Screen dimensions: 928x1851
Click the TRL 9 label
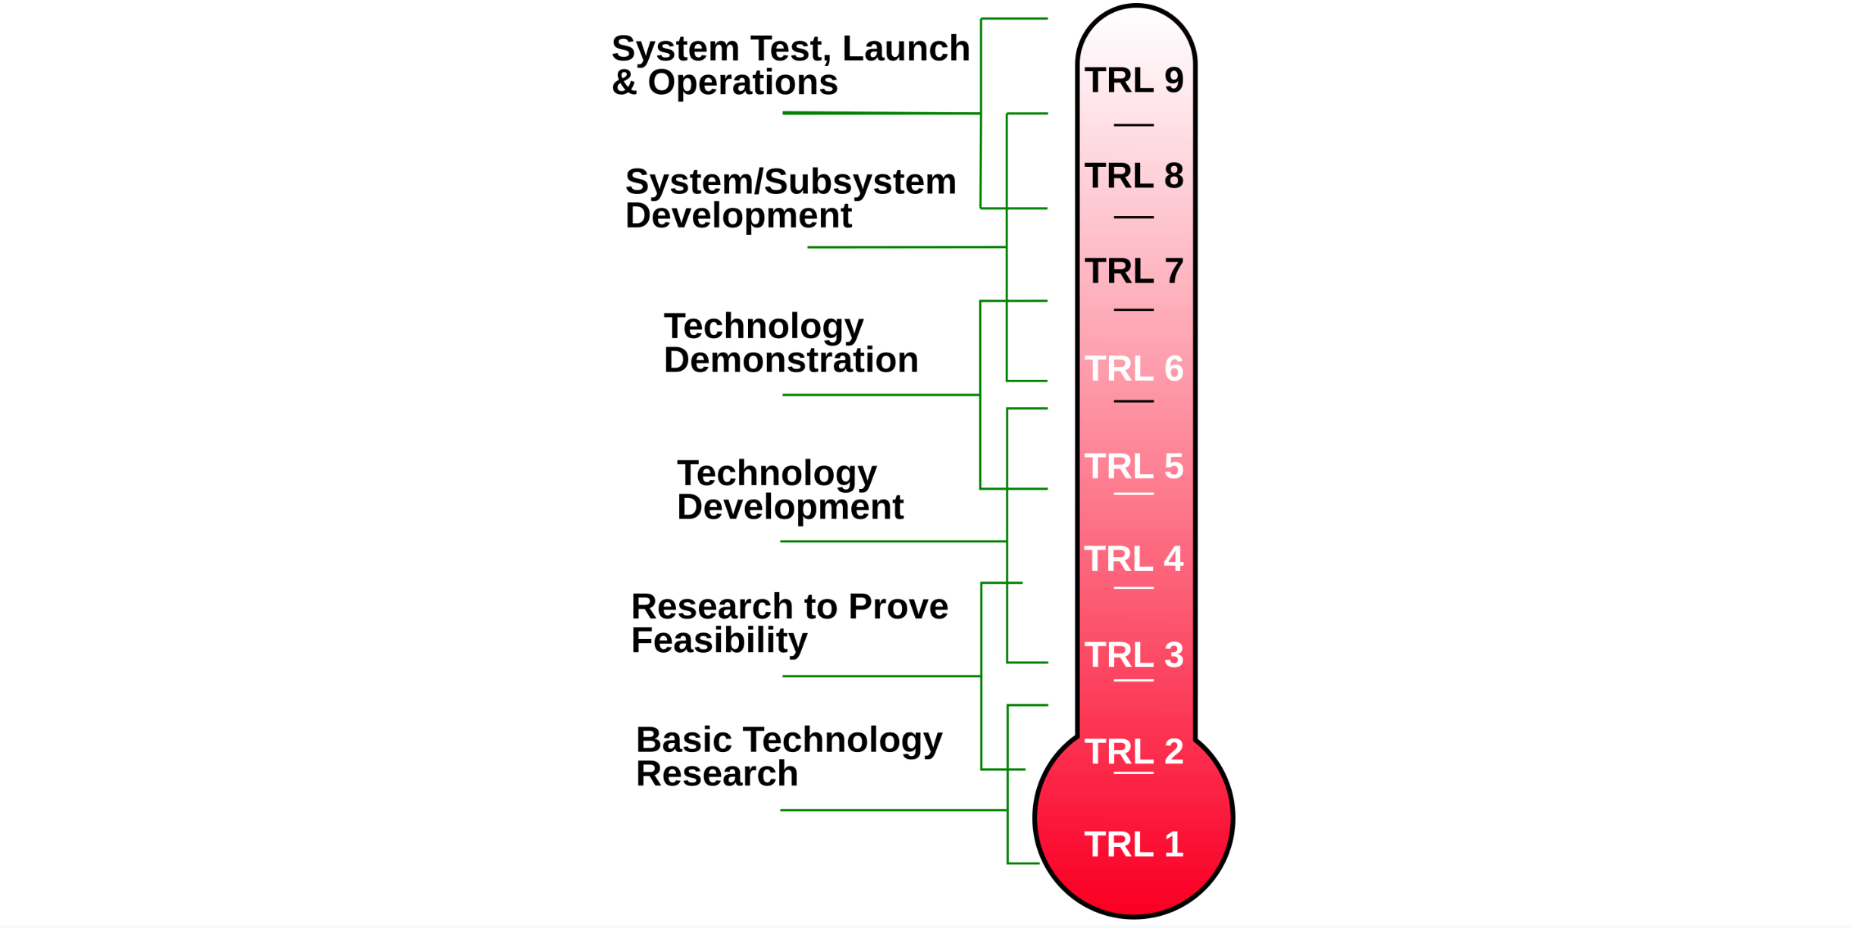click(1133, 80)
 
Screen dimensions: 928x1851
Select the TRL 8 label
click(1133, 176)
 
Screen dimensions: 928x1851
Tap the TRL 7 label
click(1133, 271)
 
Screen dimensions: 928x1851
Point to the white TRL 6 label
click(1133, 369)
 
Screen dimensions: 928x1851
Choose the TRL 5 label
click(1133, 466)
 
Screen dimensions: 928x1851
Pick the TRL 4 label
click(1133, 560)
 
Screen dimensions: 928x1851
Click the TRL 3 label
click(1133, 655)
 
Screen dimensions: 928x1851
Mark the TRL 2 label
click(1133, 752)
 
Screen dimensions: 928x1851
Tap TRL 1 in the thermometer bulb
click(1133, 845)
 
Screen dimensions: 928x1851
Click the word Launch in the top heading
click(906, 49)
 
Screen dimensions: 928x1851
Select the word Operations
click(742, 83)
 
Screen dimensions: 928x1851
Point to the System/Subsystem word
click(790, 183)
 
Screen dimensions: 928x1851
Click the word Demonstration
click(791, 360)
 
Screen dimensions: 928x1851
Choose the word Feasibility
click(719, 641)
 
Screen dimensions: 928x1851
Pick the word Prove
click(897, 607)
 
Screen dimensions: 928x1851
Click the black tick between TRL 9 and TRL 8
click(1133, 125)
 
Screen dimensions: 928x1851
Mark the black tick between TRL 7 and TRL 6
click(1133, 310)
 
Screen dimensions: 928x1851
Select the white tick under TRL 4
click(1133, 588)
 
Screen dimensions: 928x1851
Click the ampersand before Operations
click(624, 83)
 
